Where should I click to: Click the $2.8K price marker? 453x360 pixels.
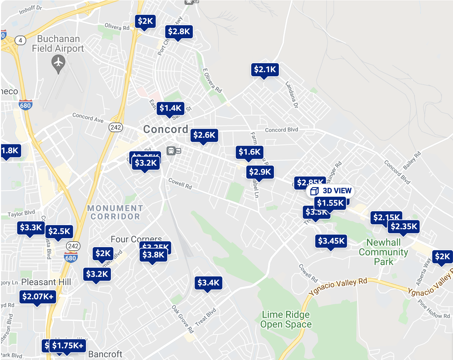[x=179, y=31]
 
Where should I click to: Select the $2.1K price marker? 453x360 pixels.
[x=265, y=69]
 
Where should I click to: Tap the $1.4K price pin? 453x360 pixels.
[x=170, y=108]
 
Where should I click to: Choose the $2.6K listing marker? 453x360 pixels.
[x=204, y=135]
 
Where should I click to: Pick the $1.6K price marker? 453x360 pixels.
[x=249, y=152]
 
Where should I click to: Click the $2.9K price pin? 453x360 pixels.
[x=260, y=172]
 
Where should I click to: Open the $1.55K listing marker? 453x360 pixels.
[x=330, y=203]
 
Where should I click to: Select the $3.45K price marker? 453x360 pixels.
[x=331, y=241]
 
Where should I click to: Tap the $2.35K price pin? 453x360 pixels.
[x=404, y=227]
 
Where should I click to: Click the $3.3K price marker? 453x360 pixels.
[x=31, y=227]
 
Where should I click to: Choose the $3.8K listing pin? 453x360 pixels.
[x=153, y=255]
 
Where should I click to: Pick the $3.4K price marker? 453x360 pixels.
[x=208, y=283]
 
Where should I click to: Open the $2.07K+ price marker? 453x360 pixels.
[x=38, y=296]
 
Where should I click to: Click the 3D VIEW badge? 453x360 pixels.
[x=331, y=191]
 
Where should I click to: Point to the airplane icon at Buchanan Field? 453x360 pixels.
[x=58, y=63]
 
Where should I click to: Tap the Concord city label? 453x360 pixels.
[x=166, y=129]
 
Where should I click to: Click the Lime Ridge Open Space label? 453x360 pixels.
[x=286, y=319]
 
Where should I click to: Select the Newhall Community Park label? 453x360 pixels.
[x=383, y=252]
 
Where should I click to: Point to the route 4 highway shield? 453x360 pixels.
[x=20, y=40]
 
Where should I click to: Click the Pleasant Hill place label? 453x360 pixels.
[x=46, y=282]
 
